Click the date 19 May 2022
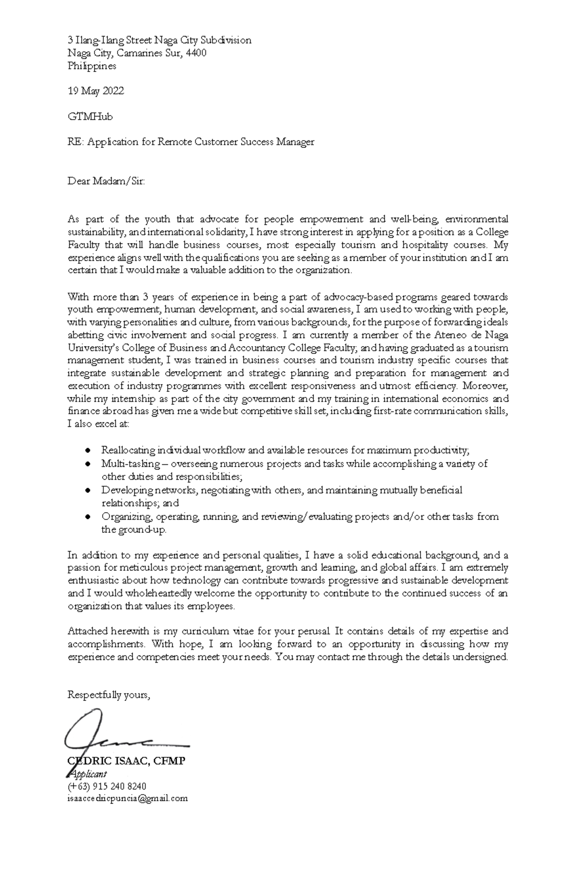[x=96, y=91]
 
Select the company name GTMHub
[x=90, y=116]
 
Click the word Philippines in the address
[x=92, y=66]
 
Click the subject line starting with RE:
[x=191, y=142]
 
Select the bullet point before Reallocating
[x=87, y=450]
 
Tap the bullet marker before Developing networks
[x=87, y=490]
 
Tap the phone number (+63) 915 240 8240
[x=107, y=786]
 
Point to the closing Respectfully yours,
[x=109, y=695]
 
